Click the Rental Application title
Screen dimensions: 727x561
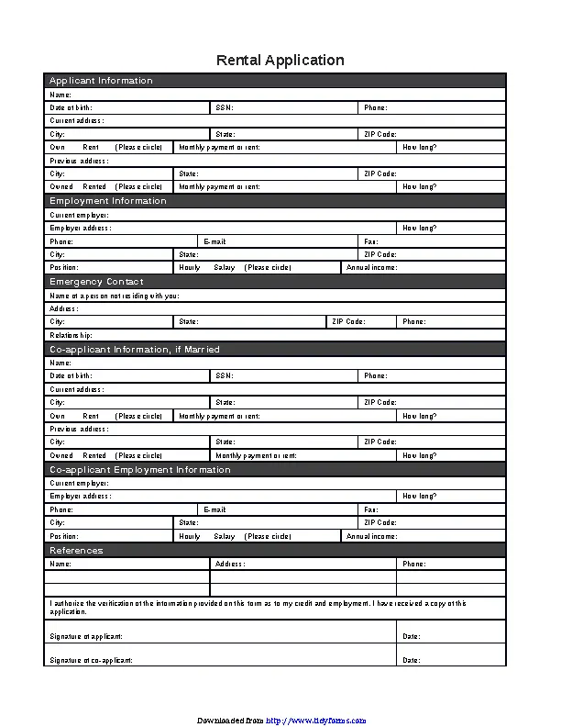coord(280,61)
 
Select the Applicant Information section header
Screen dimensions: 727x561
coord(101,81)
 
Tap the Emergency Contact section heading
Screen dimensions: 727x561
coord(96,282)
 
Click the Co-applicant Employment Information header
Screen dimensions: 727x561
coord(139,470)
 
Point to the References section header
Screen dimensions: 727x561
coord(76,551)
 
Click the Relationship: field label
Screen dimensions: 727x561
coord(71,336)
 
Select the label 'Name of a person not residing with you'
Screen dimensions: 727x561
coord(115,296)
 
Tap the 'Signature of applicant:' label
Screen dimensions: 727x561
coord(85,636)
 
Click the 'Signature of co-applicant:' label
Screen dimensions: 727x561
coord(91,660)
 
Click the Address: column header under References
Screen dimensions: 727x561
coord(230,564)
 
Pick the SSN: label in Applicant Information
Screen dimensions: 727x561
coord(225,107)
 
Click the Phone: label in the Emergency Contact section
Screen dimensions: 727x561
coord(413,322)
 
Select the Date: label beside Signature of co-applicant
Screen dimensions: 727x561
coord(412,660)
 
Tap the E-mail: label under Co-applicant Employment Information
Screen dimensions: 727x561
coord(214,509)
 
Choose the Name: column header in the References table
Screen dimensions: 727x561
coord(60,564)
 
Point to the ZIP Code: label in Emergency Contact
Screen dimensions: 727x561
coord(348,322)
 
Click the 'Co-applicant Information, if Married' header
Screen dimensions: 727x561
coord(135,350)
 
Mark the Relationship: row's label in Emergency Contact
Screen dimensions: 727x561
coord(71,336)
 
